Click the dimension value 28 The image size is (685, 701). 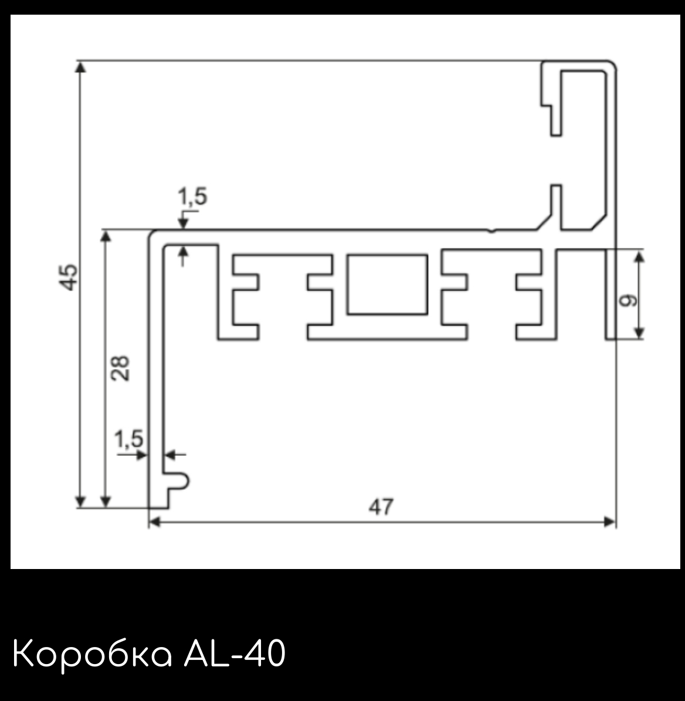click(x=120, y=368)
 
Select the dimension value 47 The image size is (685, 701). click(x=381, y=507)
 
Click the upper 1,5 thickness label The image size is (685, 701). click(x=192, y=197)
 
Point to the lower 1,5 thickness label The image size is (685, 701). click(x=128, y=439)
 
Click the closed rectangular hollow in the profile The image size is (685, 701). click(x=387, y=285)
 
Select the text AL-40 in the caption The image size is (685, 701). click(x=235, y=653)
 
